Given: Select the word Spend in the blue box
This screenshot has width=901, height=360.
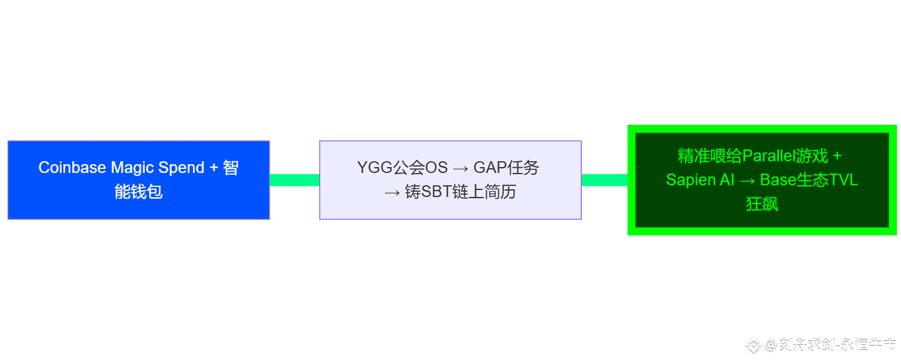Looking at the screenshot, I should point(181,168).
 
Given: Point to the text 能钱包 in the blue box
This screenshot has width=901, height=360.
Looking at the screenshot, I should point(138,192).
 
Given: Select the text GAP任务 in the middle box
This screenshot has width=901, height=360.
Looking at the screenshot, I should point(506,168).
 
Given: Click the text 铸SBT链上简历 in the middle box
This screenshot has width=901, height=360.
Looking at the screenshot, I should point(460,192).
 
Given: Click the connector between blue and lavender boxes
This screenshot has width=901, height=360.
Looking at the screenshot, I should point(294,180).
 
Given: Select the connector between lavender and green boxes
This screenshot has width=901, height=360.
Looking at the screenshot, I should point(604,180).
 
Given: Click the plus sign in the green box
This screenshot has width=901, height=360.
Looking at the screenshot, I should point(837,156).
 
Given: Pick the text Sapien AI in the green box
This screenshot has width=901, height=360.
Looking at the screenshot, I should point(700,180).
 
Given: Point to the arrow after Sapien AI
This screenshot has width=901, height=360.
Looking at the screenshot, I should point(747,180).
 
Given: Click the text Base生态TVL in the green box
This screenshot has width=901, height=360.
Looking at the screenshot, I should point(809,180).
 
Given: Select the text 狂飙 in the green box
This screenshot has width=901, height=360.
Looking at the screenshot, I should point(762,204).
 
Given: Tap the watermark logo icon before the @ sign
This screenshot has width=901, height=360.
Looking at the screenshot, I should point(753,345).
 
